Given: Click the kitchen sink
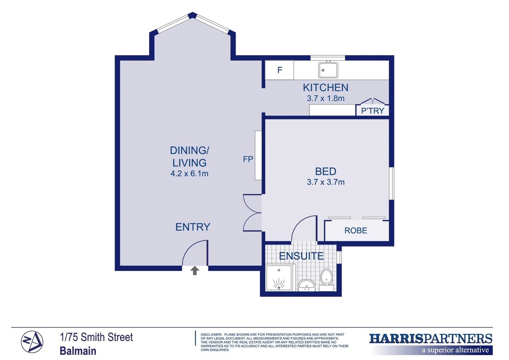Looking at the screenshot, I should (328, 70).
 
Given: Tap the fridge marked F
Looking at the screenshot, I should (279, 70).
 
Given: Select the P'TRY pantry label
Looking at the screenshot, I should (372, 111).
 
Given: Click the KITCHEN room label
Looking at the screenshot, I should (325, 88).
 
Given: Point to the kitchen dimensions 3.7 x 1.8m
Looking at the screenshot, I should (325, 98).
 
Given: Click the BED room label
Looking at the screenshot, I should (325, 171).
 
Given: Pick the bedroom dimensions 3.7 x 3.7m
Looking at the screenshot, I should (325, 182).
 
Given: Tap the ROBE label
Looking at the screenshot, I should (355, 231).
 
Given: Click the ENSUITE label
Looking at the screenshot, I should (301, 256).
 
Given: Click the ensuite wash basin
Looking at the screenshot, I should (306, 285).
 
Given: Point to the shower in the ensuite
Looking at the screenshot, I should (279, 277).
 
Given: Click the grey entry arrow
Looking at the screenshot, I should (195, 270).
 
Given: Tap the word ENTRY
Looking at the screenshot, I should (193, 227).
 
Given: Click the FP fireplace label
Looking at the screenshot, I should (248, 159).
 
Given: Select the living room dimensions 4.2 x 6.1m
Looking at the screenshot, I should (189, 174).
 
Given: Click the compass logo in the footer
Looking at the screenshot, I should (32, 342).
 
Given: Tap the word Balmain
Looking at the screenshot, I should (78, 351).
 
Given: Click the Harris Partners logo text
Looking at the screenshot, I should (430, 339).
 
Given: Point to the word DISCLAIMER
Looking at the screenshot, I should (211, 334).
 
